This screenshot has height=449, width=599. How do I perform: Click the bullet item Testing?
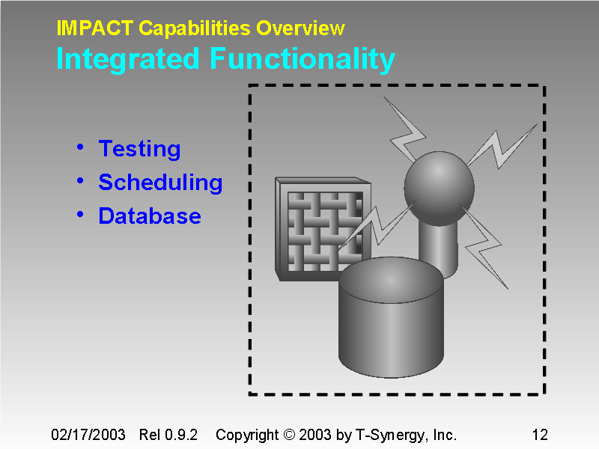click(139, 149)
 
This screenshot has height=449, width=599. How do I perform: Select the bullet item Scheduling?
click(160, 183)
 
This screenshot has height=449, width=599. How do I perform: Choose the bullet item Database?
click(150, 216)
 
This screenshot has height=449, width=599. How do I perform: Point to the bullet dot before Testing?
click(80, 147)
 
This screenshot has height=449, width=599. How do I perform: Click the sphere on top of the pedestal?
click(440, 188)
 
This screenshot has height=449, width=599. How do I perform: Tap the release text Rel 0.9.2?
click(168, 435)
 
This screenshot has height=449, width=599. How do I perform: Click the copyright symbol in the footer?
click(289, 435)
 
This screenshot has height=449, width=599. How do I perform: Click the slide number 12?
click(539, 435)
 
